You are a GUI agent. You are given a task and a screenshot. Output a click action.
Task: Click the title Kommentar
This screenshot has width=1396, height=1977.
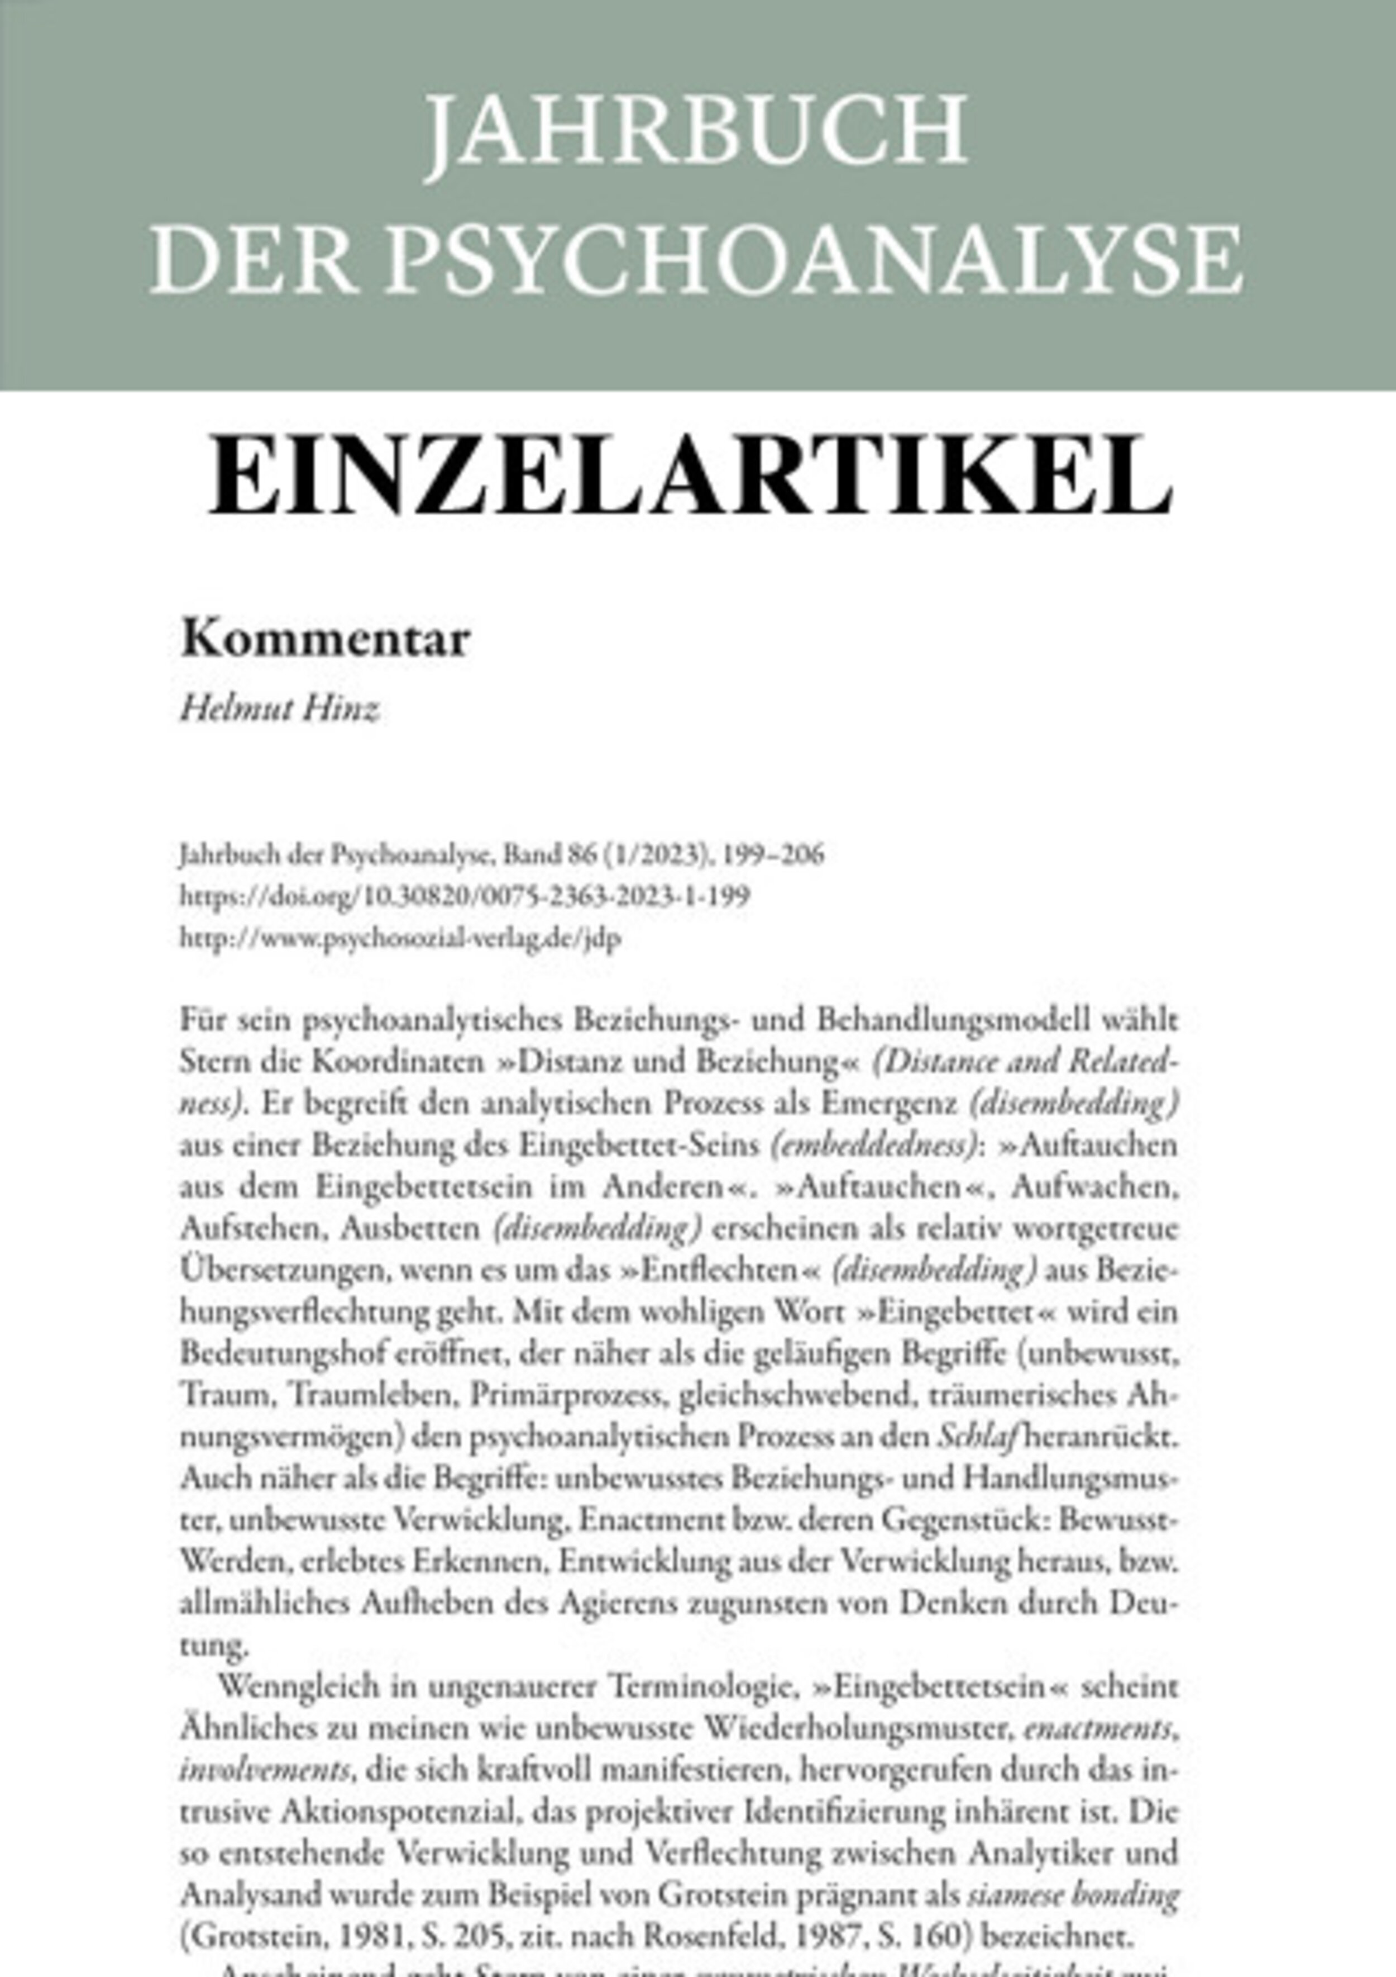tap(326, 640)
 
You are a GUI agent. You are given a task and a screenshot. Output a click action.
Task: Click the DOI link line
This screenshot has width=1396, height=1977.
tap(465, 896)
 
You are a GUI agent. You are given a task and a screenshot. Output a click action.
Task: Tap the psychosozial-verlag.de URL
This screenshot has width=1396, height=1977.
tap(400, 938)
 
